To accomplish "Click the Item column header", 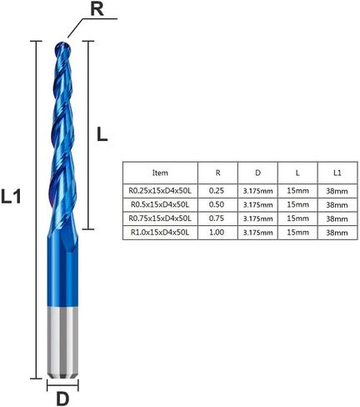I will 158,173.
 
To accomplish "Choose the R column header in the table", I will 217,173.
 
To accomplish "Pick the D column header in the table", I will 257,173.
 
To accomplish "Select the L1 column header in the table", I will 336,173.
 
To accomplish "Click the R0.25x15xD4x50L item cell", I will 158,190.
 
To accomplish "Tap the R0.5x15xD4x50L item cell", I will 158,204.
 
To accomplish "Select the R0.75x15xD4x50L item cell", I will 158,219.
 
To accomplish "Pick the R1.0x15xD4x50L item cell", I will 158,233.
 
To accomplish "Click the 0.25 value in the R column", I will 217,190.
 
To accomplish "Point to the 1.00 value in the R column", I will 217,233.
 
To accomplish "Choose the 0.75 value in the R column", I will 217,219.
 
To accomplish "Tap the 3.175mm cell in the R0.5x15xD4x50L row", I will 257,204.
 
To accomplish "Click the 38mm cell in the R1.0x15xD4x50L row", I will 336,233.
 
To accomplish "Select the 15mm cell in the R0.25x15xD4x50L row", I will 297,190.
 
